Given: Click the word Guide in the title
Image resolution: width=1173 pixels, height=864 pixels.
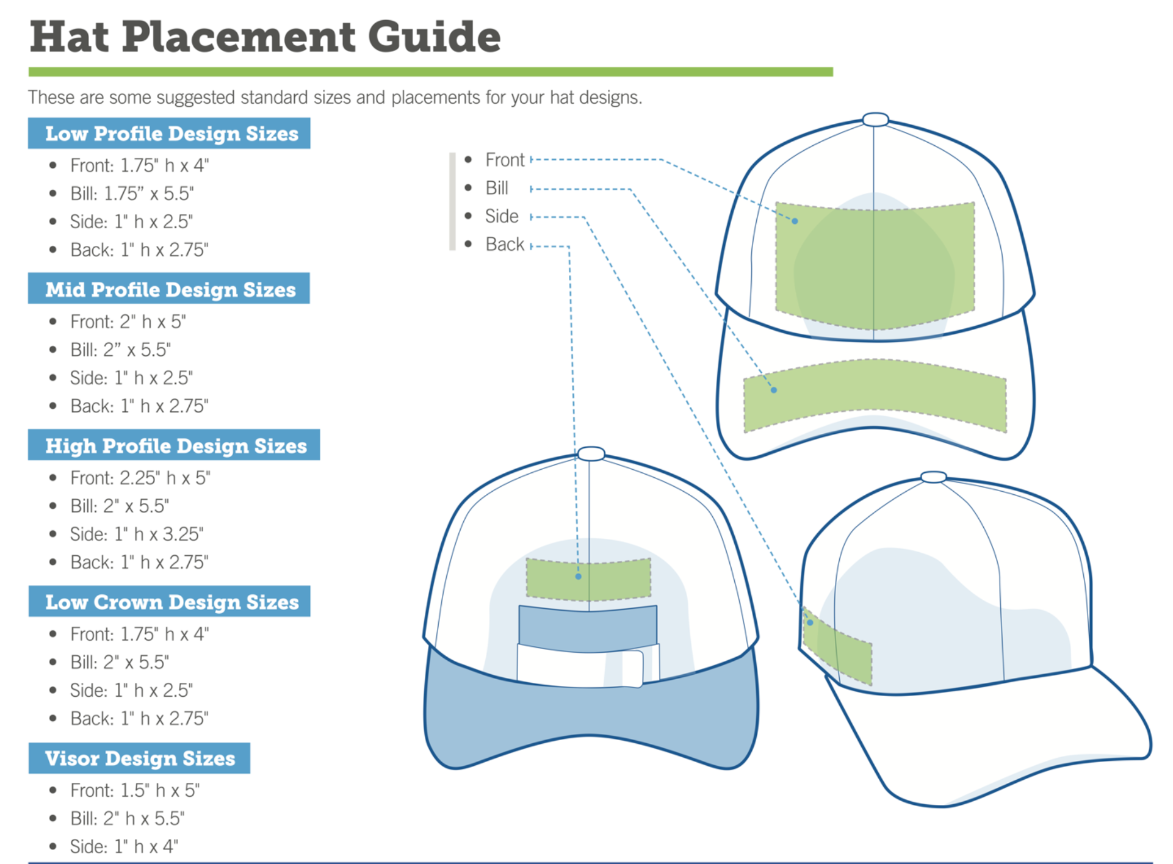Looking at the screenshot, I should [434, 37].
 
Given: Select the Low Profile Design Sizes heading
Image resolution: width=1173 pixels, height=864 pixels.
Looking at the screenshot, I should [171, 134].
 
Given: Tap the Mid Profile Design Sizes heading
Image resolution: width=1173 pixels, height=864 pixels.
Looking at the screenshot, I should [170, 289].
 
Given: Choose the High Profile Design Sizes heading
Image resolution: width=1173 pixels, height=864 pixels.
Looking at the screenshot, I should [175, 445].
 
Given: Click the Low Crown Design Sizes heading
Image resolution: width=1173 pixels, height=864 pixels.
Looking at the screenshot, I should [171, 602].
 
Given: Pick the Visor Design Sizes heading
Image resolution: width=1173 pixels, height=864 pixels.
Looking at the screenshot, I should [140, 758].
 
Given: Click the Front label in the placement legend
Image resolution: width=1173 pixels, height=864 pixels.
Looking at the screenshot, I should [504, 160].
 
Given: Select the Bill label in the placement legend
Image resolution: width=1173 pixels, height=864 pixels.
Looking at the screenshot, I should [497, 188].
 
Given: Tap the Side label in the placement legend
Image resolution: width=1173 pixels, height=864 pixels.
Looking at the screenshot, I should [501, 216].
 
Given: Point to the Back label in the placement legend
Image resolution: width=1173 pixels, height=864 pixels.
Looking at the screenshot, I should [504, 244].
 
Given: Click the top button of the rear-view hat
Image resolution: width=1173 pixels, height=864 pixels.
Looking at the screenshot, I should [590, 453].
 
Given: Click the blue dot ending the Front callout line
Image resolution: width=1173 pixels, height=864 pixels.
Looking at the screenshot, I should [795, 221].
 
